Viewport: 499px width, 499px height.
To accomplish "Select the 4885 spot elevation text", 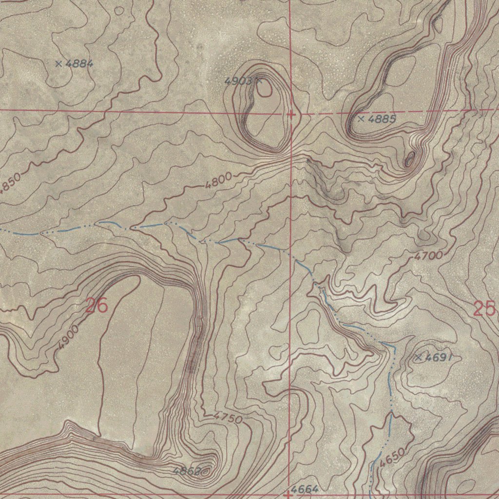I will (x=382, y=118).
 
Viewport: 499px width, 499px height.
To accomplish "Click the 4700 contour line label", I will (x=429, y=255).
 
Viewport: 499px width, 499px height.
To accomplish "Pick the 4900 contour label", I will (x=67, y=337).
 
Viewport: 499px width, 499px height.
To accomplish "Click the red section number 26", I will (x=96, y=307).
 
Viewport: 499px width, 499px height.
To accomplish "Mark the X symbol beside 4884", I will (x=59, y=63).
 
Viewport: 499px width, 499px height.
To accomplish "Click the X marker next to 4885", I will (x=361, y=118).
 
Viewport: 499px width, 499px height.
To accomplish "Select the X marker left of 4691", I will (x=418, y=357).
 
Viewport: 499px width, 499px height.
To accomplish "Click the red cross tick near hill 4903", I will (x=291, y=115).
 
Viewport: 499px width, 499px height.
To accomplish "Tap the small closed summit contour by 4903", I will (x=265, y=89).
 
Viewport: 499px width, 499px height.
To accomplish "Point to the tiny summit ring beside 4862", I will (x=207, y=471).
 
